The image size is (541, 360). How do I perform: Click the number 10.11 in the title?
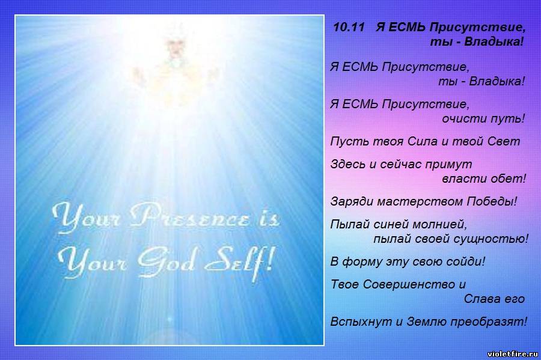coord(349,27)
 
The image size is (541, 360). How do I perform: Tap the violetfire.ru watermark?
coord(513,354)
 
